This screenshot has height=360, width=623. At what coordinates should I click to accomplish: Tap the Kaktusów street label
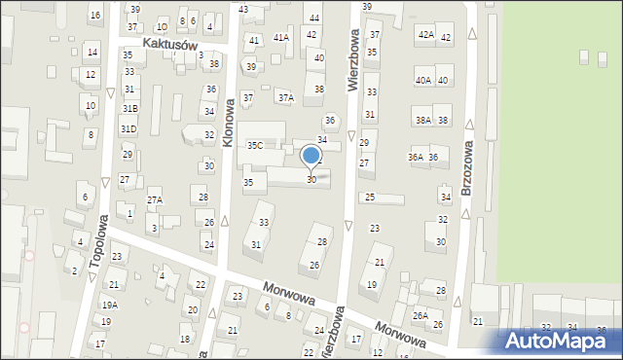click(x=169, y=45)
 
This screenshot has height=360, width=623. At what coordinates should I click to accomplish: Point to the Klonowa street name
click(x=229, y=124)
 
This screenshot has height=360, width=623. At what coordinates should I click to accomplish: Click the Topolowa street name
click(x=97, y=244)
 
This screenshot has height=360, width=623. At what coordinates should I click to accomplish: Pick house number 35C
click(x=254, y=146)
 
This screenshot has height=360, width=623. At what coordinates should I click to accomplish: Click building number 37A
click(x=285, y=97)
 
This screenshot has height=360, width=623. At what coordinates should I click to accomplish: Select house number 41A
click(x=281, y=37)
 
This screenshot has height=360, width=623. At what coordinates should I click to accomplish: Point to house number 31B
click(x=128, y=108)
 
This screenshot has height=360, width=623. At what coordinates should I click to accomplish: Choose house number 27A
click(x=155, y=200)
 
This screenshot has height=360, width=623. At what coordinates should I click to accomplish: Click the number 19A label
click(x=109, y=305)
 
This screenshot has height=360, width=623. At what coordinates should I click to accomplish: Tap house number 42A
click(x=425, y=34)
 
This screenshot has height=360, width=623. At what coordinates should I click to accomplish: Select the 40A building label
click(x=422, y=81)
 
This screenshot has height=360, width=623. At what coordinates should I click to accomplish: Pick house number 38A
click(x=422, y=121)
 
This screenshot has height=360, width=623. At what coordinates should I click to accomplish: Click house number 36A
click(x=416, y=157)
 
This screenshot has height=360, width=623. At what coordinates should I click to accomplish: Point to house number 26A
click(x=421, y=315)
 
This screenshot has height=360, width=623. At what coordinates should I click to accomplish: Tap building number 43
click(x=243, y=10)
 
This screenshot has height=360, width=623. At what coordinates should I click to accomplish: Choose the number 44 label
click(x=313, y=18)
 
